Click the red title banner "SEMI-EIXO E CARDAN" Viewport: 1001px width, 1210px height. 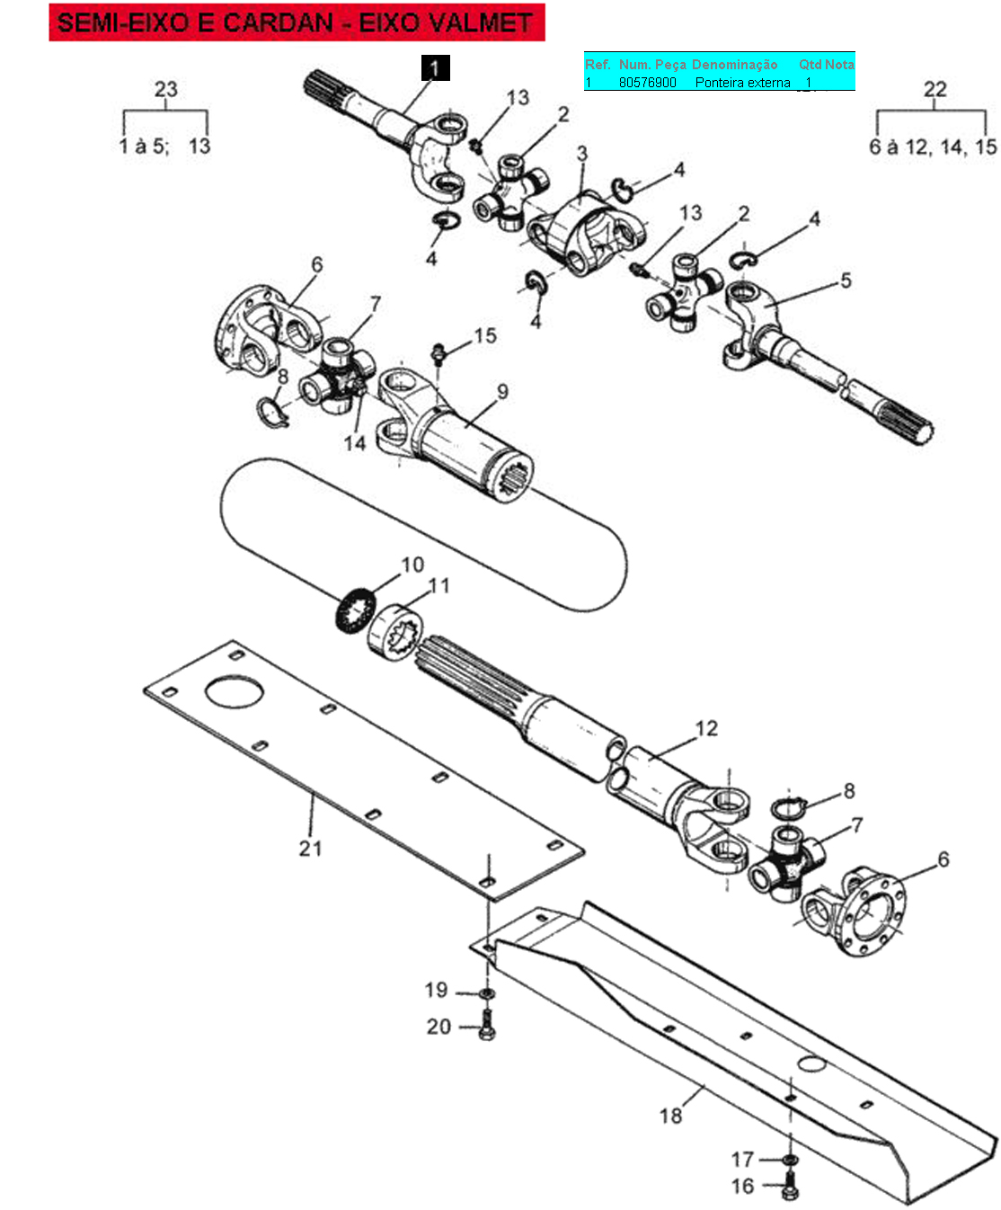(x=297, y=22)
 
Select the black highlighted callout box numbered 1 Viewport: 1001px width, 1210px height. (x=435, y=68)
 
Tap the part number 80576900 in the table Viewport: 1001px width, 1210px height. (x=647, y=83)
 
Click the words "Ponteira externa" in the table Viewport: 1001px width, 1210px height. (x=742, y=83)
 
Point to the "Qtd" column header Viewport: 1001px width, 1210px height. (x=810, y=65)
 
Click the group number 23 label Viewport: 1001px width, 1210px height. (x=166, y=89)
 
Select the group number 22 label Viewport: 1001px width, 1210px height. (x=935, y=89)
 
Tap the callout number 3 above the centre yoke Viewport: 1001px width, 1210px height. (x=582, y=154)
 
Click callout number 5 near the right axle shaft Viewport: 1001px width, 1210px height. (x=846, y=280)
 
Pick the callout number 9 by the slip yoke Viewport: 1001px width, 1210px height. (x=502, y=392)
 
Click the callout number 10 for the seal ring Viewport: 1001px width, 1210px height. (x=412, y=565)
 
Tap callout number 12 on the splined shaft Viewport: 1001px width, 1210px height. (x=707, y=728)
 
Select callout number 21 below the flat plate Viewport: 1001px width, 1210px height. (x=310, y=848)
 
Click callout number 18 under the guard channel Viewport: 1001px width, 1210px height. (x=671, y=1116)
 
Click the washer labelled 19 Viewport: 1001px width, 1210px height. (x=486, y=993)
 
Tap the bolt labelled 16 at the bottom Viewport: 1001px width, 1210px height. (x=790, y=1188)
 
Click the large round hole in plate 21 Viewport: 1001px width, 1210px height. (x=235, y=693)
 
